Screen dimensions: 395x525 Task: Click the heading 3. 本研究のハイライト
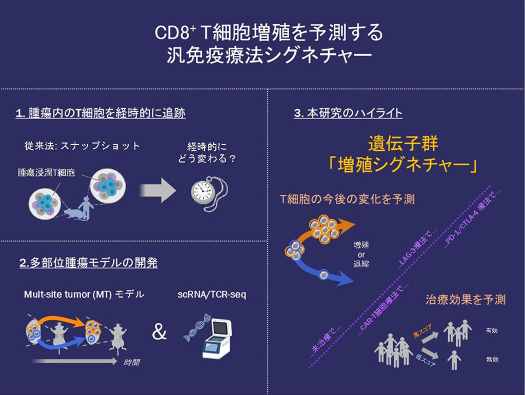(348, 113)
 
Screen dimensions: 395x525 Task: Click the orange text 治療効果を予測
(465, 299)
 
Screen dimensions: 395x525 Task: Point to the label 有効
(491, 331)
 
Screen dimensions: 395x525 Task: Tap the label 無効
(491, 360)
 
